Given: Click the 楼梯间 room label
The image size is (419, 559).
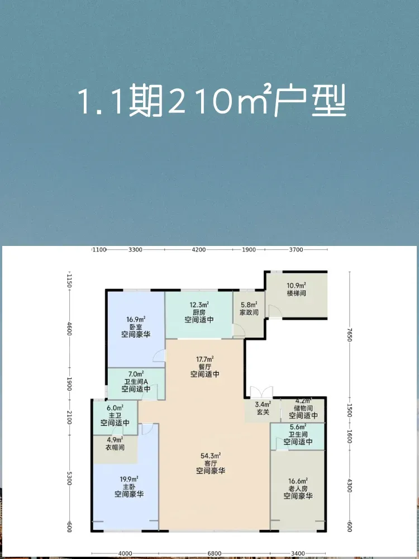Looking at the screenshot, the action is click(297, 294).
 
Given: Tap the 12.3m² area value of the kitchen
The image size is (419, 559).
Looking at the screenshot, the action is click(199, 305).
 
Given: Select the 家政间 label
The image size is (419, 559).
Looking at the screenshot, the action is click(249, 312).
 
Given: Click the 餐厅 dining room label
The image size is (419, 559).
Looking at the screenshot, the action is click(204, 367).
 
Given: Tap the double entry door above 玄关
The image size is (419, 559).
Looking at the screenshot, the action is click(261, 392).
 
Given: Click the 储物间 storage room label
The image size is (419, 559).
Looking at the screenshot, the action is click(303, 408).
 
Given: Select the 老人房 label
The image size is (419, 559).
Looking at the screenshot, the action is click(298, 489).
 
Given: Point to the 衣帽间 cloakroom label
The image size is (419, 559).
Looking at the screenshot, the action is click(115, 447).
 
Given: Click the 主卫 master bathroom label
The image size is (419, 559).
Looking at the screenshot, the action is click(115, 415).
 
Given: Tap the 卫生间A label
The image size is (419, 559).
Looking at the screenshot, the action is click(136, 381).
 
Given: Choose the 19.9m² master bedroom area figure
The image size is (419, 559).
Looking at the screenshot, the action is click(129, 479).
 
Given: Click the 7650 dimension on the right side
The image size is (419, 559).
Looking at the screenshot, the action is click(350, 335).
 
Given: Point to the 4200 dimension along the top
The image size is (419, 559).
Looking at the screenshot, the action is click(198, 249).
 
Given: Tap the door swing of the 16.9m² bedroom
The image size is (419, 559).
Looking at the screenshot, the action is click(159, 356).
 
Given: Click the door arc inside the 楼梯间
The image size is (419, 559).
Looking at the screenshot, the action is click(275, 311).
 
